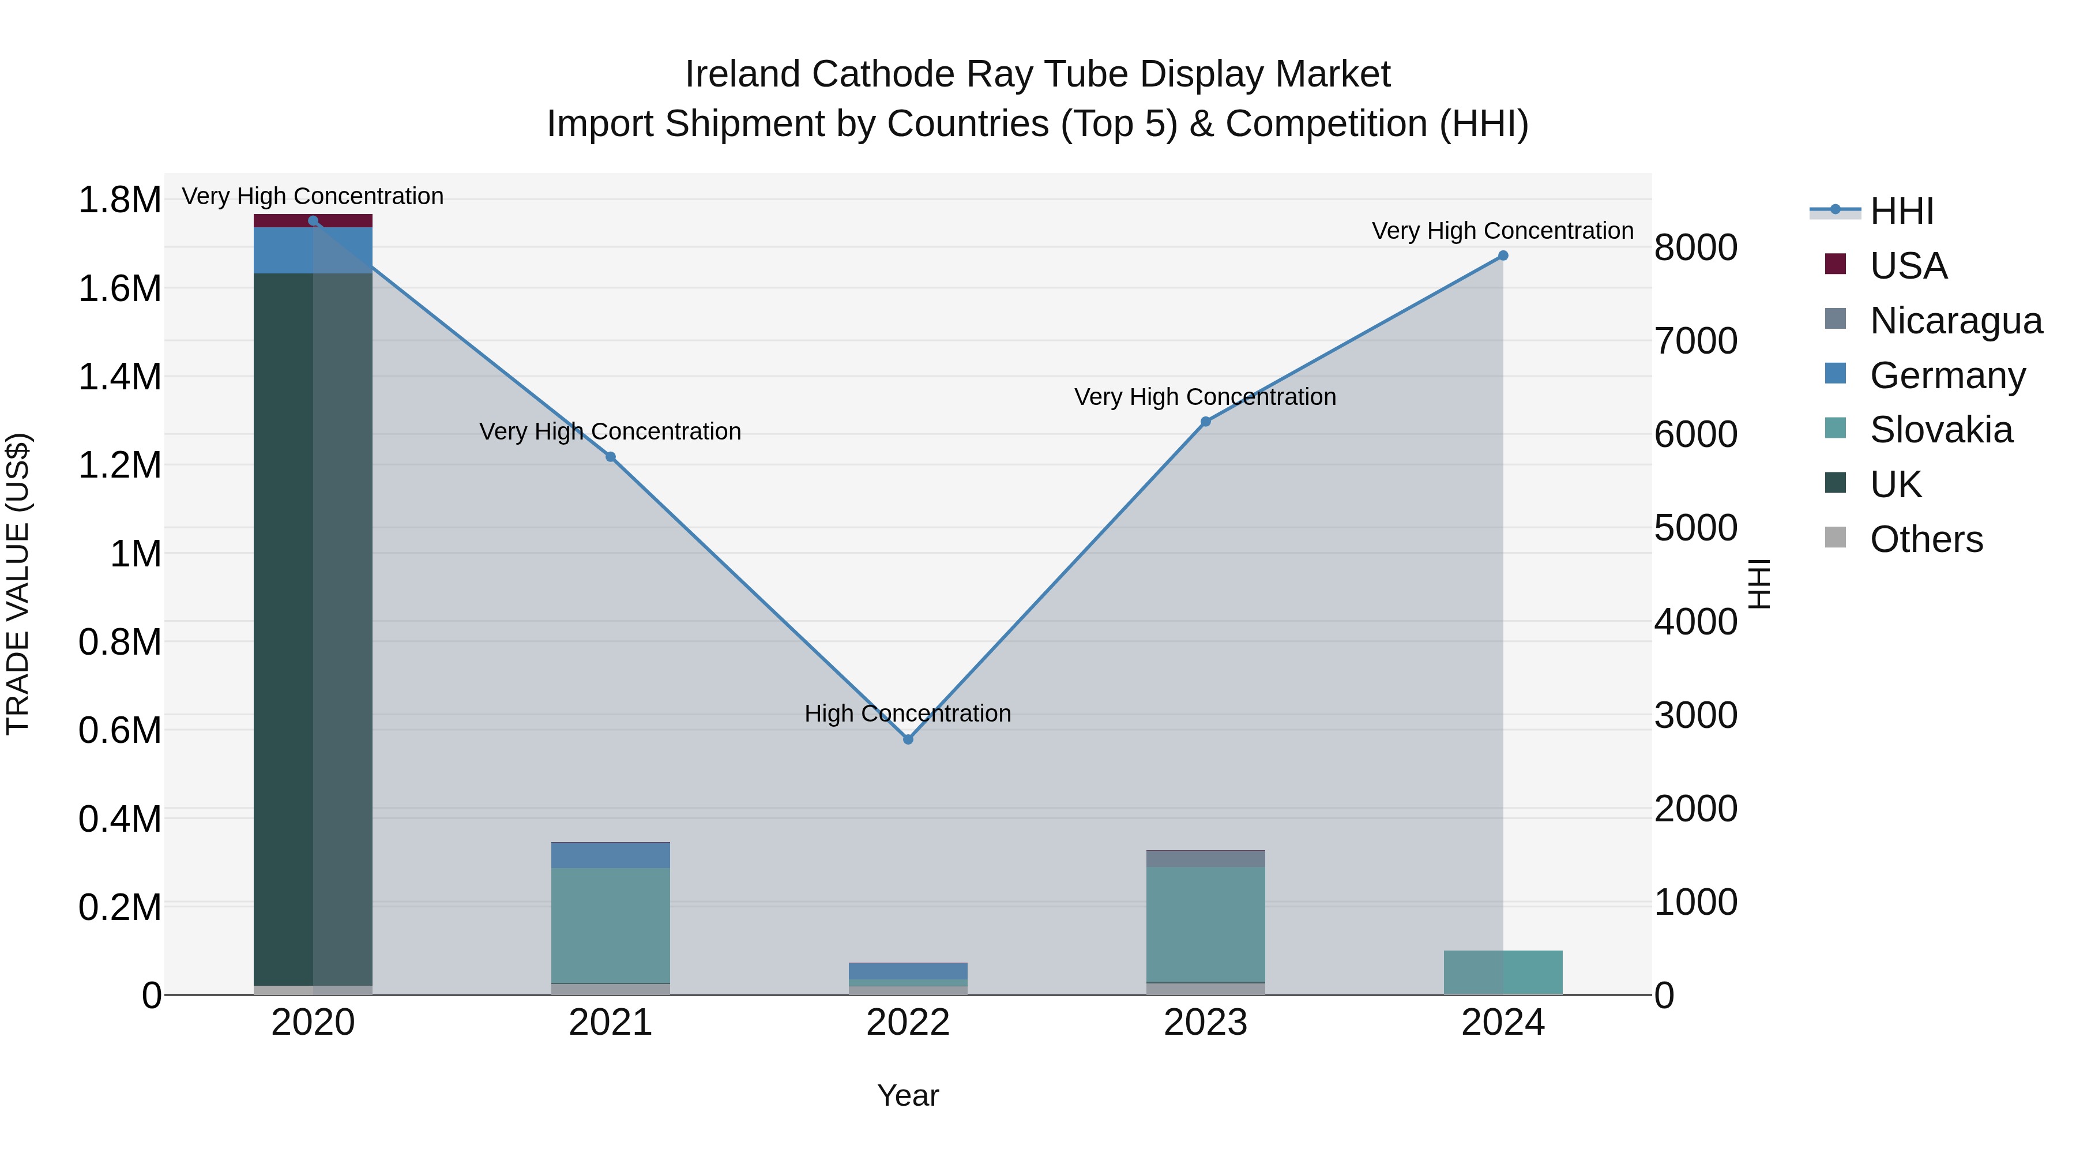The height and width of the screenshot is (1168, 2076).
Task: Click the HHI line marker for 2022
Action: pos(908,739)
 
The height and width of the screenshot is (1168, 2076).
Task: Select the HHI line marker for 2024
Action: pos(1502,256)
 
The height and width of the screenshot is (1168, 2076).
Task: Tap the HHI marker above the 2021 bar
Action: pos(610,457)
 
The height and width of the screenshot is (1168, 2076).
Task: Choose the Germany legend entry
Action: pos(1946,375)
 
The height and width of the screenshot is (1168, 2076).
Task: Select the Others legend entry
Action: pos(1925,539)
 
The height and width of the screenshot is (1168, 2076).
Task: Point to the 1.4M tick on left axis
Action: pos(119,377)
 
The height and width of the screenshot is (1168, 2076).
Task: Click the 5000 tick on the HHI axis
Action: pos(1695,528)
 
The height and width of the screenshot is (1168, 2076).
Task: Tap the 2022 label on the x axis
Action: pos(908,1023)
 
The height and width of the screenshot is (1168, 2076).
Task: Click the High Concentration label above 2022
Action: pos(908,713)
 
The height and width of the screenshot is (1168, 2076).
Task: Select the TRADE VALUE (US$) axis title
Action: pos(18,584)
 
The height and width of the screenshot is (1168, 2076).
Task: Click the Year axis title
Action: pos(908,1095)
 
